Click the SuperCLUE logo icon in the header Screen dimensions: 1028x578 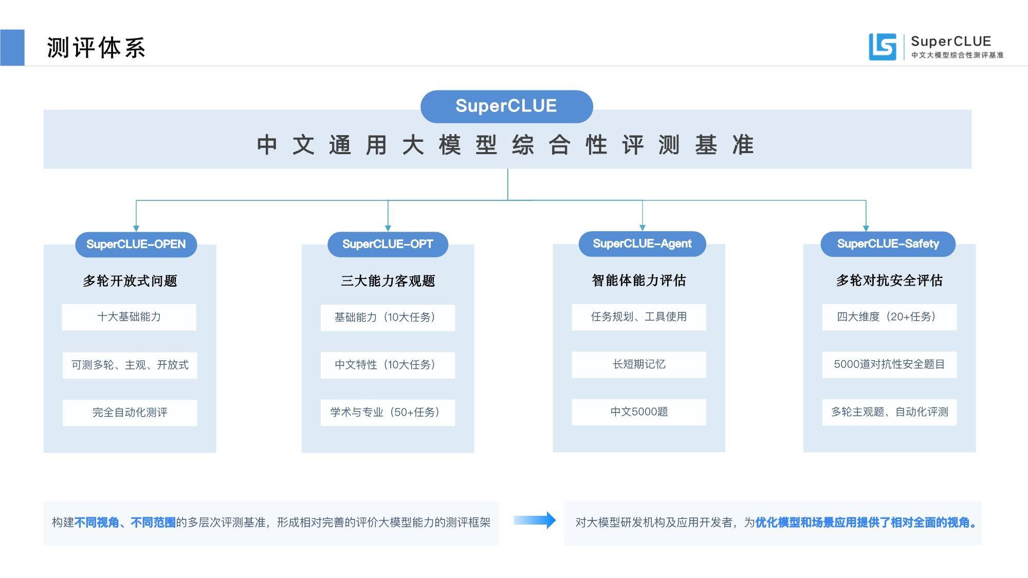click(x=882, y=47)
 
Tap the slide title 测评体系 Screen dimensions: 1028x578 click(x=96, y=48)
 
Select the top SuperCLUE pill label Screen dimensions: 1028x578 click(x=506, y=106)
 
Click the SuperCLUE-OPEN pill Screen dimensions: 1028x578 click(x=136, y=244)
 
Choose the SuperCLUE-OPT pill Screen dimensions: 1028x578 click(x=388, y=244)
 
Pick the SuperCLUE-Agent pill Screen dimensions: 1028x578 click(x=642, y=244)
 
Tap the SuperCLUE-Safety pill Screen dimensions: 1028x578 click(x=888, y=244)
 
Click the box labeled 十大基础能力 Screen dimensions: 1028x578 click(x=129, y=317)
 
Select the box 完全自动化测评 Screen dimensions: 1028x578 click(x=130, y=413)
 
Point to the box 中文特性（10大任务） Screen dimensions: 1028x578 click(x=388, y=365)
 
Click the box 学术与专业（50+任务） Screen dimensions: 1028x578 click(x=388, y=413)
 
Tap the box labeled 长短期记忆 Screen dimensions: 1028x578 click(x=639, y=364)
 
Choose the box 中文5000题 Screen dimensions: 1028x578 click(x=639, y=412)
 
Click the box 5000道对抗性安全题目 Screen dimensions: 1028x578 click(x=889, y=364)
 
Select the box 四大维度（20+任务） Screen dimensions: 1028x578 click(x=889, y=317)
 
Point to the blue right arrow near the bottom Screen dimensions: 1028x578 click(x=535, y=520)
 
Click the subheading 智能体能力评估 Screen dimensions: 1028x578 click(x=639, y=281)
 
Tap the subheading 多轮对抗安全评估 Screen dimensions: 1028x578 click(x=889, y=281)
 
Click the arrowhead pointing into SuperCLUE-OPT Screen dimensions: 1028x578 click(x=388, y=228)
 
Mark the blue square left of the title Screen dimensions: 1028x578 click(x=12, y=48)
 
